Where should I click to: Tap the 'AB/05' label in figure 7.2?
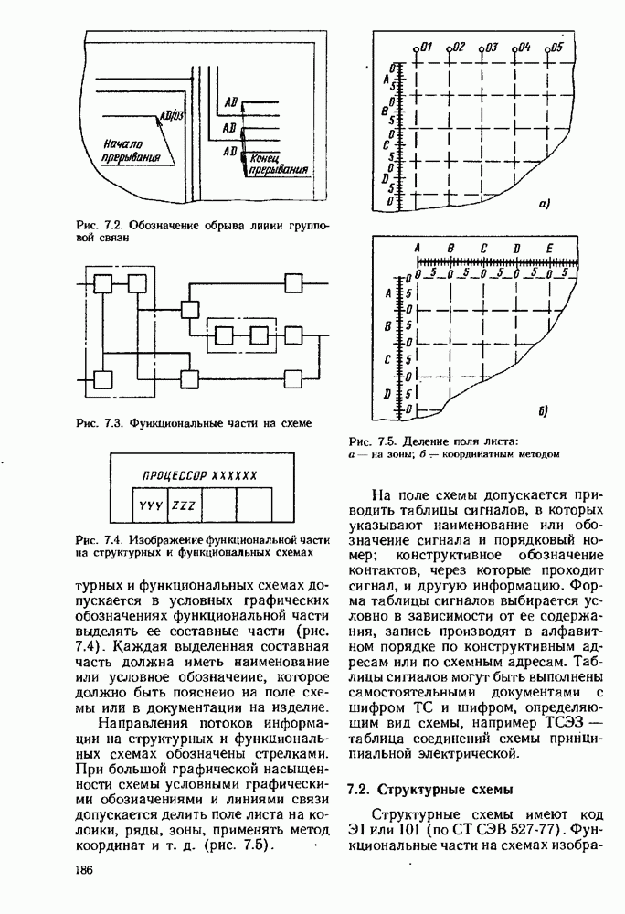tap(172, 116)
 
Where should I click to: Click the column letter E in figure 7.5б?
tap(548, 249)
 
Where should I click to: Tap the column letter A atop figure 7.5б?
tap(418, 249)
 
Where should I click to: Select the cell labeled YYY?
tap(148, 505)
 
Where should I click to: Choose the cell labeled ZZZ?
tap(184, 505)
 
